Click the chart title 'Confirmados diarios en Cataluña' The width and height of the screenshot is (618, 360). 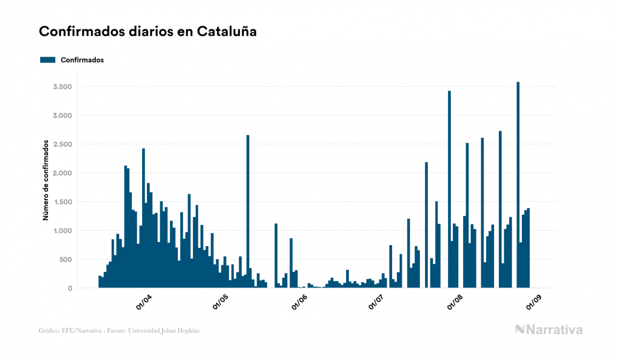[147, 32]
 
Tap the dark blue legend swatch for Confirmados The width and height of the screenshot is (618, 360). [48, 60]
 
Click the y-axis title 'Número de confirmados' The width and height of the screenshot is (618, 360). [46, 181]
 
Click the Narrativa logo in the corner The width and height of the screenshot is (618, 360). [549, 330]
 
